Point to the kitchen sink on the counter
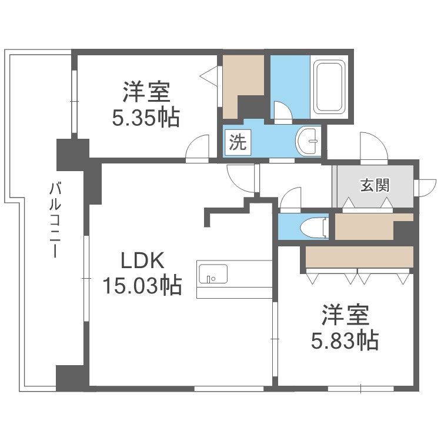coord(212,274)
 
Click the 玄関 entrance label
coord(375,186)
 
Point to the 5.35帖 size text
coord(146,118)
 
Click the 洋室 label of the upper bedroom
coord(146,93)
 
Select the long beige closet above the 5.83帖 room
coord(359,256)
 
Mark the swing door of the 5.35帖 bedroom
coord(198,148)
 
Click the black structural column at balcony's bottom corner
coord(71,377)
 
